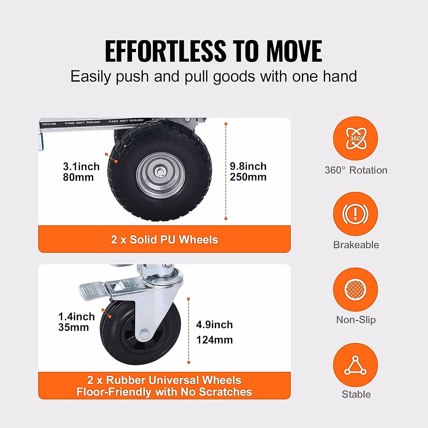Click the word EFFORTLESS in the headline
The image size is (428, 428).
point(165,51)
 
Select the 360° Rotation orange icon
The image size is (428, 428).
point(355,138)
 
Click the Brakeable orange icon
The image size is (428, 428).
point(355,214)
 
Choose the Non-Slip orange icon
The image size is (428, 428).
point(355,289)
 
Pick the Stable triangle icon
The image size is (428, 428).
point(355,365)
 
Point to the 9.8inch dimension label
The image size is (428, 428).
point(248,166)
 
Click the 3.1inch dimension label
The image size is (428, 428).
point(81,167)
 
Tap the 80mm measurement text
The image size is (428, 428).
point(78,177)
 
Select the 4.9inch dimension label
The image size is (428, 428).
point(214,325)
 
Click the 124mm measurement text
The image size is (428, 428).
point(214,340)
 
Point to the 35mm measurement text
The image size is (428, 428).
point(73,327)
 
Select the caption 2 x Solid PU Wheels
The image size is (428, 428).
point(164,239)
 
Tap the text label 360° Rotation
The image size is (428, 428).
point(356,170)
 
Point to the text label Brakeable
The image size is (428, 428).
point(356,245)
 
